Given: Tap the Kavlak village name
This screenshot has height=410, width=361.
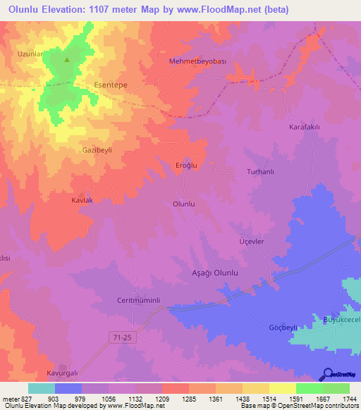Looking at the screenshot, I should coord(82,201).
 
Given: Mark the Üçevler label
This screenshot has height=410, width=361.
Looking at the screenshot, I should coord(252,241).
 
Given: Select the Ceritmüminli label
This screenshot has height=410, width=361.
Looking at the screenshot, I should coord(138,300).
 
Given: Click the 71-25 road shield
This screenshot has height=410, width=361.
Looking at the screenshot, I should coord(123,339).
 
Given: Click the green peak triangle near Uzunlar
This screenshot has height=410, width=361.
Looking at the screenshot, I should coord(67,59).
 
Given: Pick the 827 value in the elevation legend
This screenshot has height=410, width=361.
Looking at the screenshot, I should coord(27,399).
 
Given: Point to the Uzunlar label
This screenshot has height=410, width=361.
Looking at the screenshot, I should coord(31,54).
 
